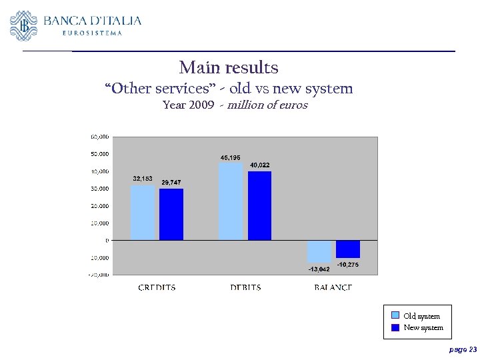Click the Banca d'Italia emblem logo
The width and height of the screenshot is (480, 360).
coord(24,25)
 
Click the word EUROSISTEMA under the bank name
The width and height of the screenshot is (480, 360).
coord(92,33)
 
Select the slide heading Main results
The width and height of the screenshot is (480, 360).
coord(229,67)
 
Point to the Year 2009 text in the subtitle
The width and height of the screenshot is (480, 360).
coord(188,105)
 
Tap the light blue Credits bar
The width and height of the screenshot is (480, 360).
coord(142,212)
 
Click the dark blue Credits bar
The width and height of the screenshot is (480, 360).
coord(171,214)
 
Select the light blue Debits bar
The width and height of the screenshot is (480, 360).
coord(230,201)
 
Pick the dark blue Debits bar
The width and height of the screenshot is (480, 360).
coord(259,205)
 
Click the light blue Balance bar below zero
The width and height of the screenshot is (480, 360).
coord(319,251)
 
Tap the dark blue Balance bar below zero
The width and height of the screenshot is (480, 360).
coord(347,249)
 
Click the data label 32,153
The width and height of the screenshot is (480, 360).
coord(143,179)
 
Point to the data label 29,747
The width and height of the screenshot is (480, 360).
coord(171,183)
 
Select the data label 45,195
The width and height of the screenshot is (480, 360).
coord(231,157)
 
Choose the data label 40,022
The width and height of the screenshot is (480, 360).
coord(259,165)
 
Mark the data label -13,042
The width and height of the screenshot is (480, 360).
coord(319,269)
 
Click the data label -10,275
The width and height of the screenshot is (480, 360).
coord(347,265)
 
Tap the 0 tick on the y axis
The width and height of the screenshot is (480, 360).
coord(107,240)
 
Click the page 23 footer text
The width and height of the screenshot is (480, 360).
coord(463,349)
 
